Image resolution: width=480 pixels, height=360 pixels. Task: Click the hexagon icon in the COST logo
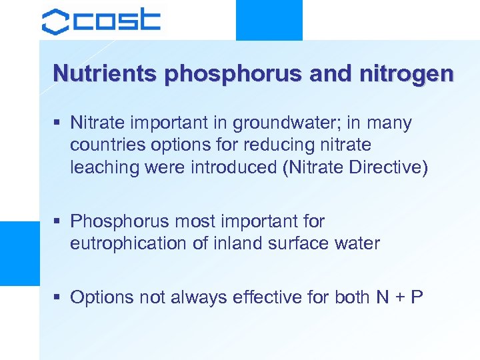tap(55, 21)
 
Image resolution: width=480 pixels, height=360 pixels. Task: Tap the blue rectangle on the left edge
tap(19, 253)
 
